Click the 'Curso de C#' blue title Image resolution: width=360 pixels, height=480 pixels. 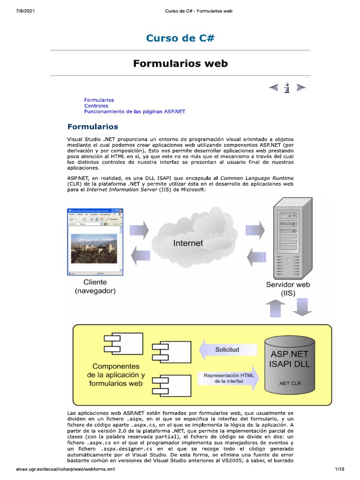click(x=180, y=38)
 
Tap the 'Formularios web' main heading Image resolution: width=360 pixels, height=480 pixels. click(x=180, y=63)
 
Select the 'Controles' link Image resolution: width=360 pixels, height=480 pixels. click(x=96, y=106)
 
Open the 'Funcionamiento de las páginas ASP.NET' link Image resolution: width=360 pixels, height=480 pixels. click(x=135, y=112)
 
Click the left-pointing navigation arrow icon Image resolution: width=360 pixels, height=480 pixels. click(x=273, y=88)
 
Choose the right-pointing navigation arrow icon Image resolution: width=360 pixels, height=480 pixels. click(x=301, y=88)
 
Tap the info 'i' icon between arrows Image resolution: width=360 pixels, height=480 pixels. click(x=287, y=88)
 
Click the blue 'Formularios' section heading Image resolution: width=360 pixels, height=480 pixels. click(x=93, y=127)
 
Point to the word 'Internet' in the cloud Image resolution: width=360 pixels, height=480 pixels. click(x=188, y=243)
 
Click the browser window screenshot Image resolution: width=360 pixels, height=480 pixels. click(x=96, y=241)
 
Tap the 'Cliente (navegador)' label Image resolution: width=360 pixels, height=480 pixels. click(x=95, y=286)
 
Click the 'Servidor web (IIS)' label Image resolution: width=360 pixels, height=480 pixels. click(x=288, y=289)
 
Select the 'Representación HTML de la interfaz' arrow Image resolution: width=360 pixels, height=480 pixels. click(x=227, y=378)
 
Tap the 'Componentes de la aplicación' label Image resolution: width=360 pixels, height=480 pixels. click(x=116, y=375)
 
